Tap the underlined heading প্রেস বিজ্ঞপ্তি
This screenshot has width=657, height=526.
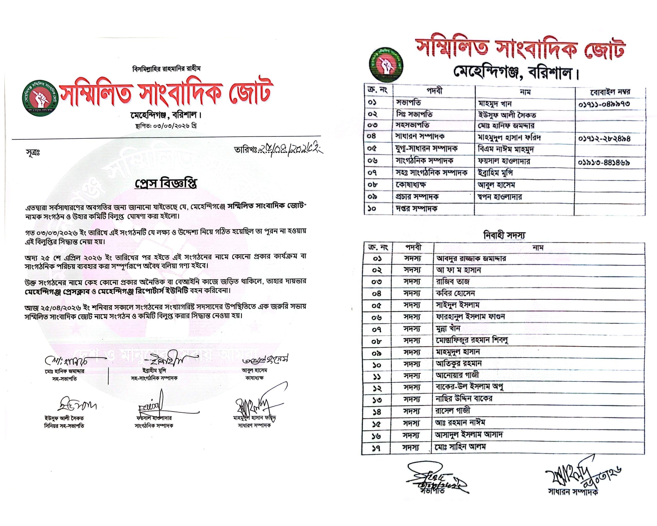pos(166,183)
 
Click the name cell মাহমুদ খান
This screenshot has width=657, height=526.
pos(495,104)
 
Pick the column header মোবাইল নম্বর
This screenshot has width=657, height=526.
pos(610,91)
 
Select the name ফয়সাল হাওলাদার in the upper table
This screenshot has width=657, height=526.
pos(504,161)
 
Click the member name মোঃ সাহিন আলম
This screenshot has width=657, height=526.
pos(461,447)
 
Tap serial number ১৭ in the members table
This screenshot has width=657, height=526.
pos(377,448)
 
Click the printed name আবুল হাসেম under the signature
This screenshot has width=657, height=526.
pos(254,371)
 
